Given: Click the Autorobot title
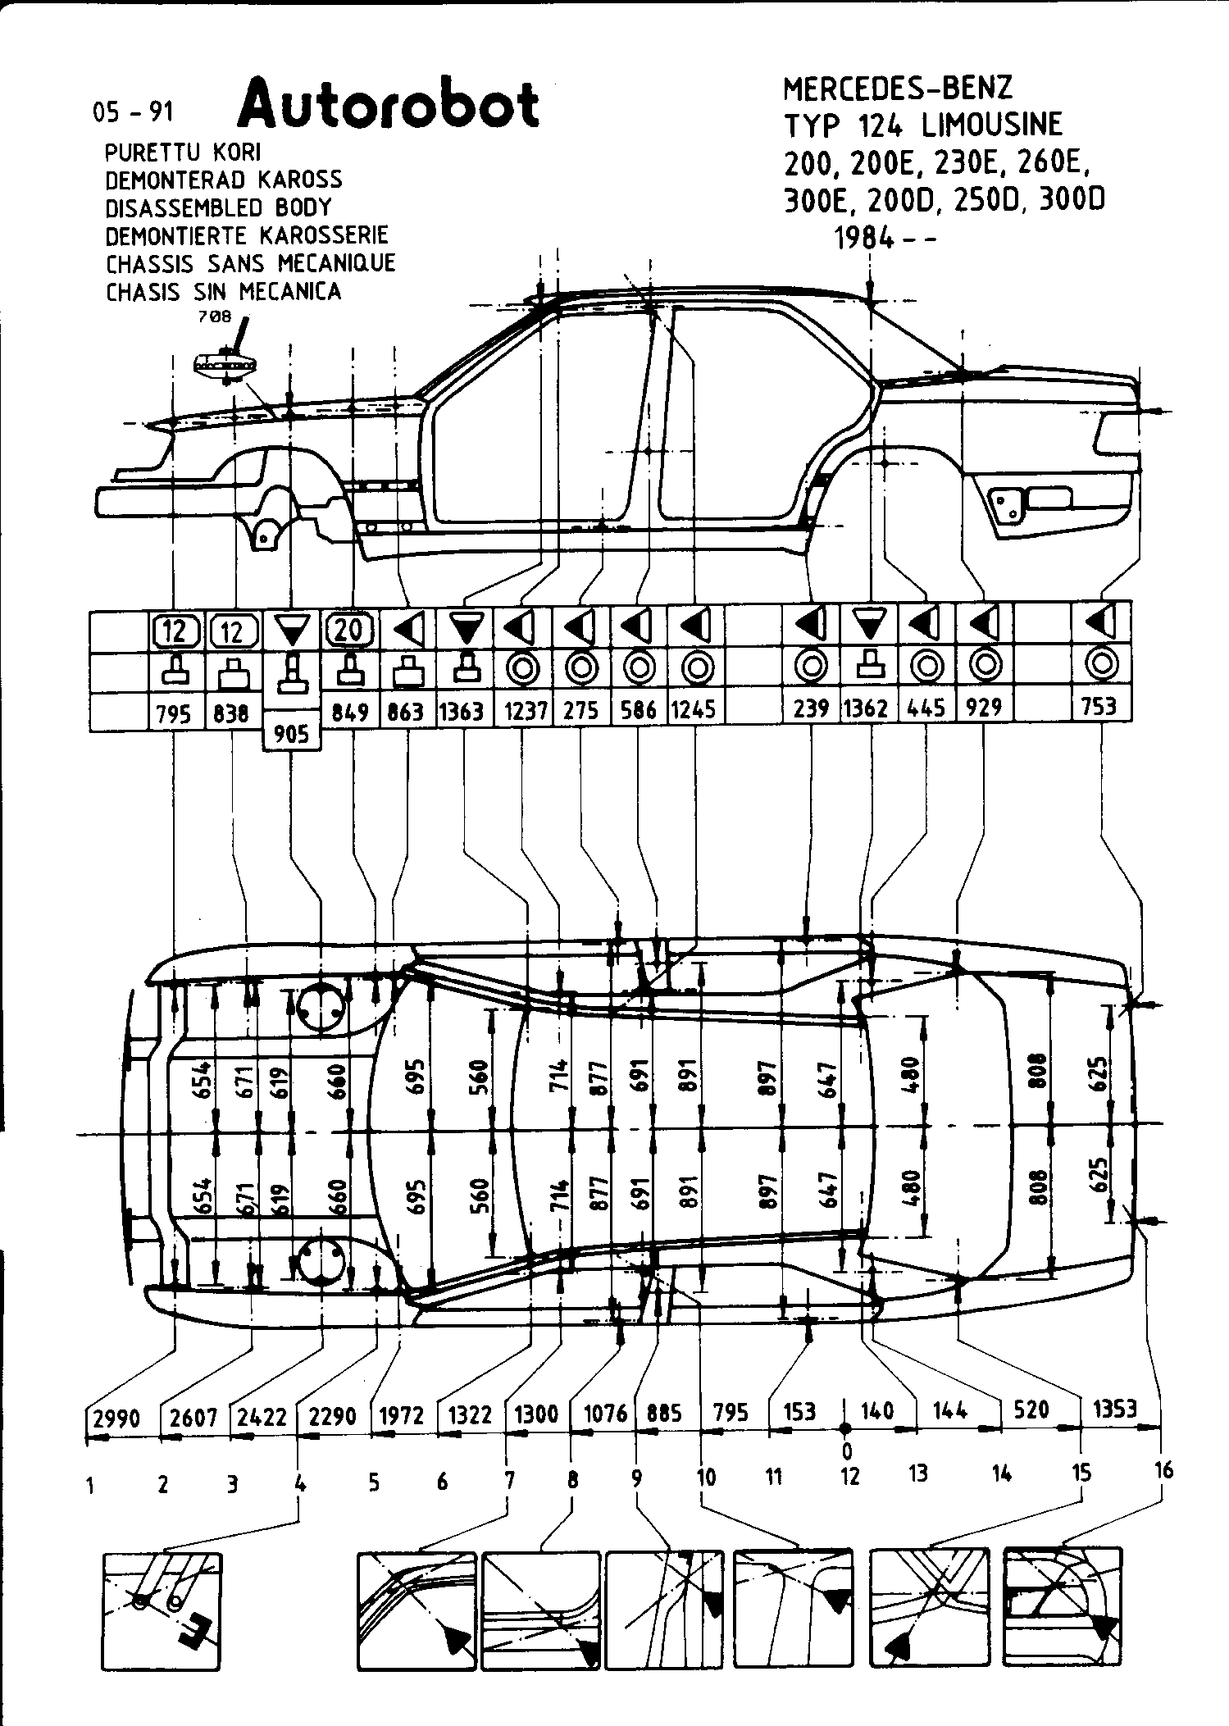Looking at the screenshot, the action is click(x=389, y=105).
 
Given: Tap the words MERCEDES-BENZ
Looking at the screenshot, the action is click(x=898, y=89).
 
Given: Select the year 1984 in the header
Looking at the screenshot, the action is click(x=863, y=238).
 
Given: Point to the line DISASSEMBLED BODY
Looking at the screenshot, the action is click(x=219, y=207).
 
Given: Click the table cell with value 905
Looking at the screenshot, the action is click(x=291, y=733).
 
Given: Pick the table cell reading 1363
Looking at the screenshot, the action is click(x=462, y=710).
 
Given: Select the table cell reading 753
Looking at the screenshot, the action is click(x=1099, y=706).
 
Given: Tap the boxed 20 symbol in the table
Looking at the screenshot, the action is click(x=350, y=630).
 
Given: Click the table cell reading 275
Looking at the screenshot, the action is click(x=581, y=710).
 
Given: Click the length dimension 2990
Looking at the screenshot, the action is click(x=117, y=1417).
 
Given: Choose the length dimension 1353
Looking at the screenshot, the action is click(x=1115, y=1409).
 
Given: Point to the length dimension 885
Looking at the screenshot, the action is click(x=664, y=1413).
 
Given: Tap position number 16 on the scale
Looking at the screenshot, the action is click(x=1163, y=1469).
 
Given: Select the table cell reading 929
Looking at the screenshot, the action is click(x=984, y=707).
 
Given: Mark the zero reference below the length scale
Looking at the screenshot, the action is click(x=847, y=1450).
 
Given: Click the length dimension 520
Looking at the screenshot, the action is click(x=1031, y=1409).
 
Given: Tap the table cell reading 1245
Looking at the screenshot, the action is click(x=694, y=709).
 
